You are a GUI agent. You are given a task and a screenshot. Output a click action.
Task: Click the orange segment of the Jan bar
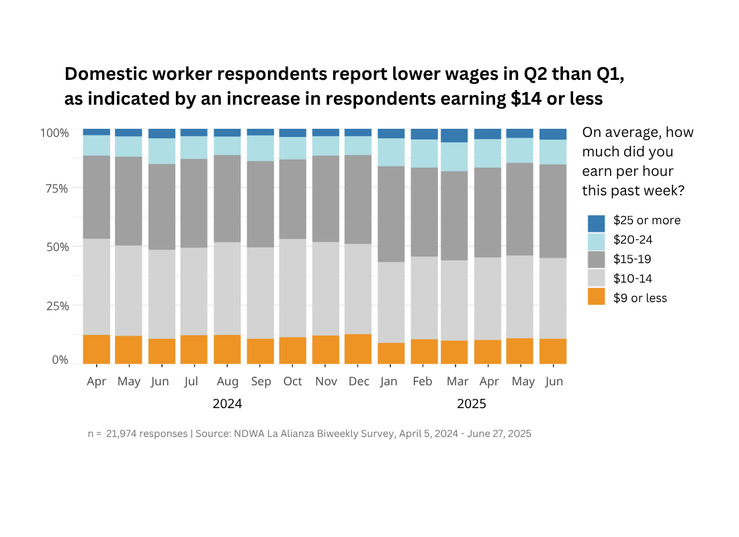[391, 353]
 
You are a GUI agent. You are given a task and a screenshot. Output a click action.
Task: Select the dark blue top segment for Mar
[454, 136]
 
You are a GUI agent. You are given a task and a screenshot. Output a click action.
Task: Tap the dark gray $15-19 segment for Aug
[227, 199]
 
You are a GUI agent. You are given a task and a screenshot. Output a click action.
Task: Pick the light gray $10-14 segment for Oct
[293, 288]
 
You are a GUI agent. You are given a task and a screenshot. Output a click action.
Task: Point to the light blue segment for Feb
[424, 153]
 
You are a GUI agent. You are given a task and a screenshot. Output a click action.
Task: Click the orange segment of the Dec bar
[358, 349]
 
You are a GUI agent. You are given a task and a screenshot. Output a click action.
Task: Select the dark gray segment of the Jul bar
[194, 203]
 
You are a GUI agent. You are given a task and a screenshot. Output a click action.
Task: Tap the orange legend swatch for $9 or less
[596, 297]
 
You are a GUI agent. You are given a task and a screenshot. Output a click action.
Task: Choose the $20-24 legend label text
[633, 240]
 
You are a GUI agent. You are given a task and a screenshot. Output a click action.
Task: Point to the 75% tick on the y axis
[55, 189]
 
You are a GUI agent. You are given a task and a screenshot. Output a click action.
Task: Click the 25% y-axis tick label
[55, 306]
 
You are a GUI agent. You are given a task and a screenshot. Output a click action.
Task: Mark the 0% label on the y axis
[60, 360]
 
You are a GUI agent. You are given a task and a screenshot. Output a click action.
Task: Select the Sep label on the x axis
[261, 382]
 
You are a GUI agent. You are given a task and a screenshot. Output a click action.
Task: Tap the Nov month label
[326, 382]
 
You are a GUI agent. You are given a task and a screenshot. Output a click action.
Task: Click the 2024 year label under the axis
[227, 404]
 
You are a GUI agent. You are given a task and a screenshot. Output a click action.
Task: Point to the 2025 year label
[471, 404]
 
